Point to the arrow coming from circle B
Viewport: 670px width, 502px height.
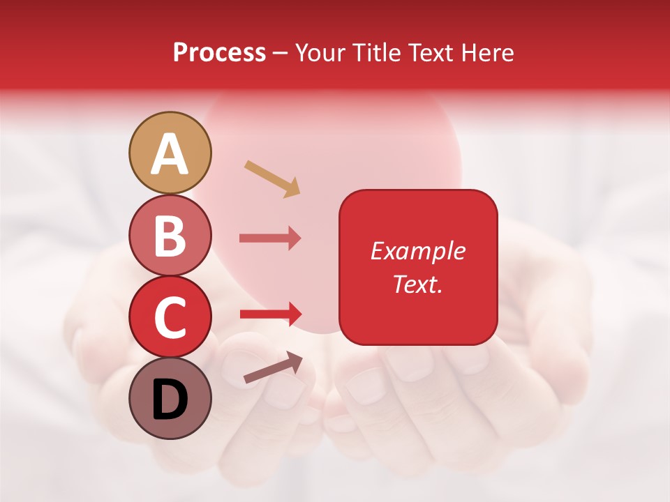point(270,238)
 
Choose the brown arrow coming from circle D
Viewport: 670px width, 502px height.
point(273,367)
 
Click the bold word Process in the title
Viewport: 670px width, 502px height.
point(219,52)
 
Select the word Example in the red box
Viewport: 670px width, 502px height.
point(417,251)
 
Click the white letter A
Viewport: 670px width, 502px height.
point(170,154)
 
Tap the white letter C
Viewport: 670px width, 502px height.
point(170,318)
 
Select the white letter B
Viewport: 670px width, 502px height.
point(170,236)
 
